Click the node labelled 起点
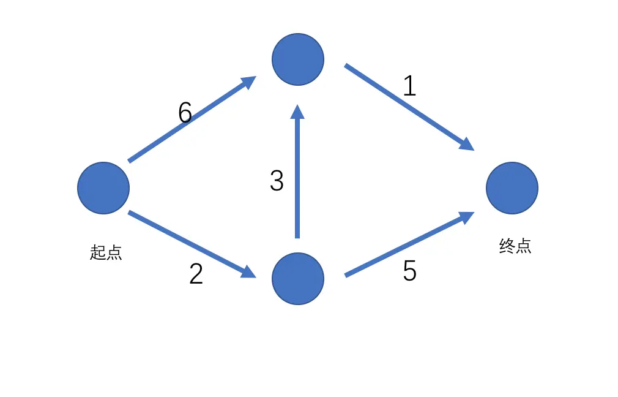coord(103,188)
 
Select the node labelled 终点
coord(512,188)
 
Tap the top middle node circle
coord(298,59)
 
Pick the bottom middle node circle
coord(298,279)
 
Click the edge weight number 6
coord(185,113)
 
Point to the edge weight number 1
coord(409,86)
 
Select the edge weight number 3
coord(277,181)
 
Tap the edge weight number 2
coord(196,274)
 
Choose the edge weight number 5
coord(409,271)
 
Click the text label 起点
coord(106,252)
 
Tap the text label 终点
coord(515,246)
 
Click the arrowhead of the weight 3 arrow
coord(298,112)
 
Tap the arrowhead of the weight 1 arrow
coord(466,144)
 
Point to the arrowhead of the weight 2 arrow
coord(248,272)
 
